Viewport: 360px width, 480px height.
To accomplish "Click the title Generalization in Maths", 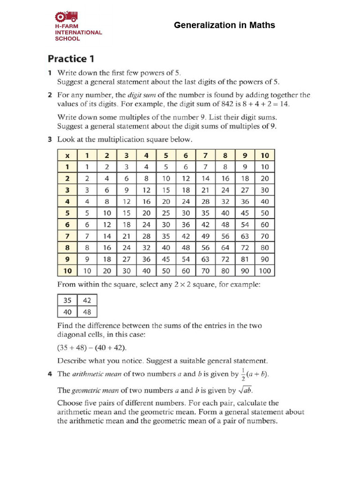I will pos(225,25).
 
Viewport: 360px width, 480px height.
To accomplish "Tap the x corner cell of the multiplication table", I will pos(67,155).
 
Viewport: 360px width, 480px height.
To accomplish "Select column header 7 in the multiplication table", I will pos(205,155).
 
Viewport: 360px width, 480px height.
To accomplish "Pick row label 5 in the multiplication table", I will pos(67,213).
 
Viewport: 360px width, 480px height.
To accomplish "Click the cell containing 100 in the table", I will pos(265,271).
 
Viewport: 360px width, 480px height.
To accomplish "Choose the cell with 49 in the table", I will pos(205,236).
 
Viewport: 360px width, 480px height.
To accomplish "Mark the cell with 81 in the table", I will pos(245,259).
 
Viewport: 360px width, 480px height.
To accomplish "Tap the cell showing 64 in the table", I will pos(225,248).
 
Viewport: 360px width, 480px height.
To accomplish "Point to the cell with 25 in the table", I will pos(166,213).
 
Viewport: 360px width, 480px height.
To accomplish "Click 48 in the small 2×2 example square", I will pos(88,312).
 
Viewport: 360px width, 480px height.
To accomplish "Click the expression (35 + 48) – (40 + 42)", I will pos(92,347).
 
